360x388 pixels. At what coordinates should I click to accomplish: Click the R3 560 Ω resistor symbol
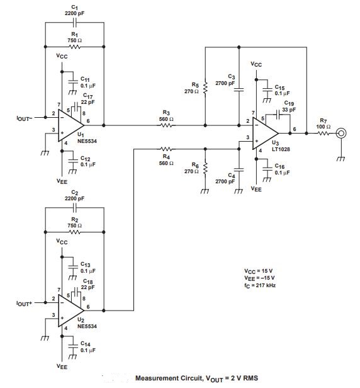pos(166,125)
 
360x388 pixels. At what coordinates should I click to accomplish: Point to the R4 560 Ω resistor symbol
pos(166,149)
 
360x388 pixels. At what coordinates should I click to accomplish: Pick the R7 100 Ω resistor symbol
pos(323,133)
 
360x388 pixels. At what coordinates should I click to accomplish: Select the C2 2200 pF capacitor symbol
pos(75,206)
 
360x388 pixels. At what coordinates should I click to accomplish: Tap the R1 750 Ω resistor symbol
pos(75,46)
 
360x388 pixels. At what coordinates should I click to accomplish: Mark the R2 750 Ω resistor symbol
pos(75,232)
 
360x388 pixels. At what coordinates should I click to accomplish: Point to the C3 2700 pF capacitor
pos(239,89)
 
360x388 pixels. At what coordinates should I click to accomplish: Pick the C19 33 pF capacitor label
pos(289,105)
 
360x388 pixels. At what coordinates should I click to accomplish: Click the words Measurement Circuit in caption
pos(162,378)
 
